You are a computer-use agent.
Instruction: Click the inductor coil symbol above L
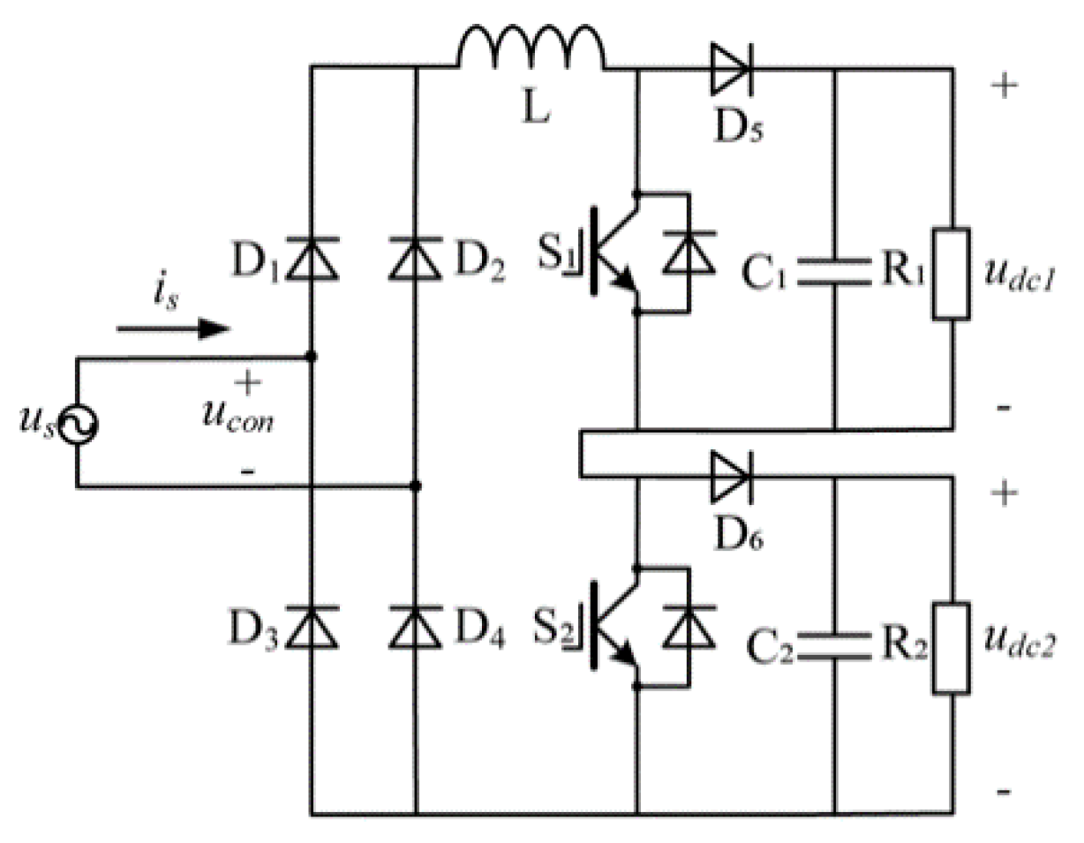coord(531,49)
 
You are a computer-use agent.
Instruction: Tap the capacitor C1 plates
coord(834,275)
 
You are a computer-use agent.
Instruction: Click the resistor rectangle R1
coord(952,275)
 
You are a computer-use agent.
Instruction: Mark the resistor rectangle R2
coord(952,647)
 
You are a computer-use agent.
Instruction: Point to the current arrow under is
coord(172,329)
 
